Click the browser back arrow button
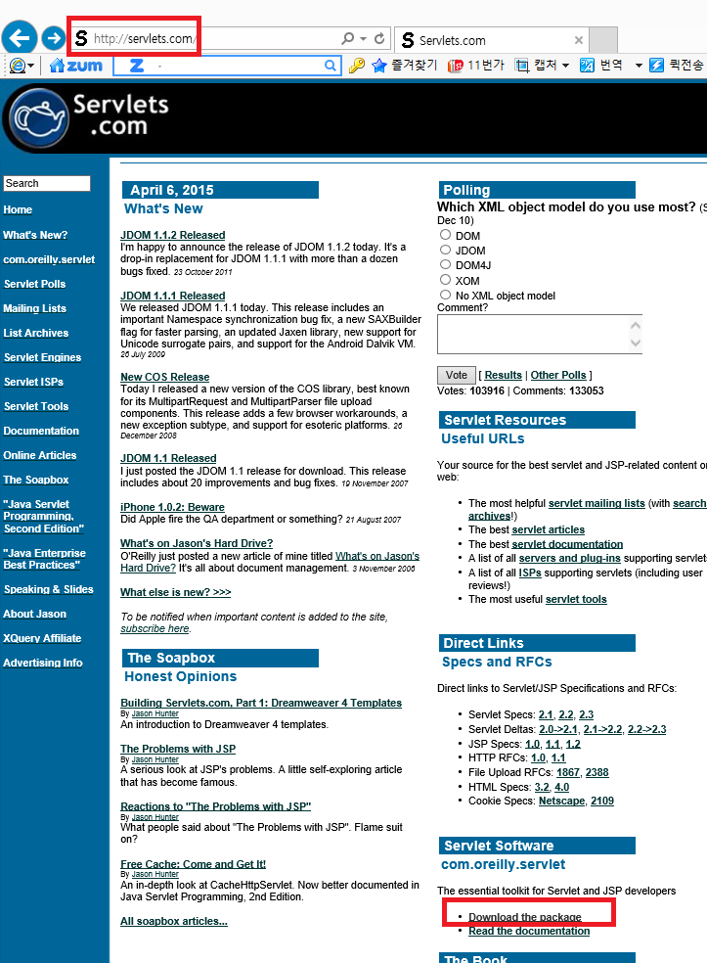coord(20,39)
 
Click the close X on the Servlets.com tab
coord(579,40)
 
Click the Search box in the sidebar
coord(46,183)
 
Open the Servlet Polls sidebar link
coord(34,284)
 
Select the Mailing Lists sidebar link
coord(34,308)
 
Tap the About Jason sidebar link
coord(34,614)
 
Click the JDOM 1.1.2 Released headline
coord(173,235)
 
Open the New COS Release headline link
coord(165,377)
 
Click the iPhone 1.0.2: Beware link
coord(172,507)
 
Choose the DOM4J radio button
coord(446,264)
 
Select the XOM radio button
coord(446,280)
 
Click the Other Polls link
coord(558,375)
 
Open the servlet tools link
coord(576,599)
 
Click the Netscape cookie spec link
coord(561,801)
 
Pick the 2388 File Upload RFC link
coord(597,772)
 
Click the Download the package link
coord(525,917)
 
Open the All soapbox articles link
coord(174,921)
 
